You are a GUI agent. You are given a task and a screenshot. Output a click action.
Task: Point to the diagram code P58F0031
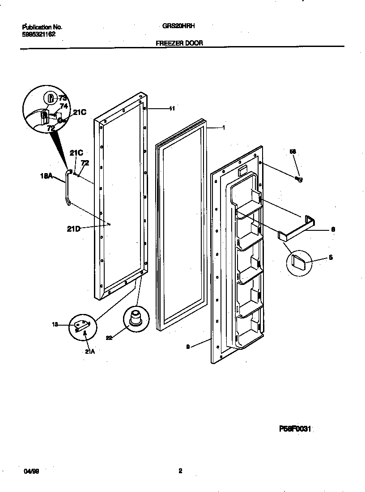295,429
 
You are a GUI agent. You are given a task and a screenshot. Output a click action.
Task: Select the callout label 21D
73,229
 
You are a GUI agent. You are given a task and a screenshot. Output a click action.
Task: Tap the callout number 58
293,152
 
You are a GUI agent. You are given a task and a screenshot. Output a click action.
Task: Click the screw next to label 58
299,180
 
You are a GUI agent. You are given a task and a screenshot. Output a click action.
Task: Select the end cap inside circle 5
298,259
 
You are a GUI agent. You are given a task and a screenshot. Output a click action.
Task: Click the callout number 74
64,106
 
